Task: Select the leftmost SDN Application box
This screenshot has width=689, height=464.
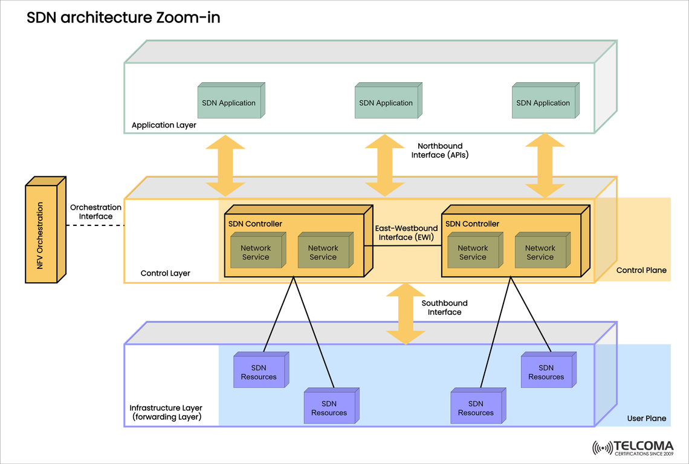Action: click(229, 103)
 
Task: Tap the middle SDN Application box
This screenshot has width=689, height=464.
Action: click(386, 103)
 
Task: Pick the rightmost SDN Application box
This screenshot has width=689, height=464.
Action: click(543, 103)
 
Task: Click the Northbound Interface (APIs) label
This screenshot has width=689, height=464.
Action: click(440, 150)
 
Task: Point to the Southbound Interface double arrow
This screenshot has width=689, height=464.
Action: click(401, 314)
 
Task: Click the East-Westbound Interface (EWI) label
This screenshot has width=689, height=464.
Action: click(406, 233)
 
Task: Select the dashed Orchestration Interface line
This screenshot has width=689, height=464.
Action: click(94, 225)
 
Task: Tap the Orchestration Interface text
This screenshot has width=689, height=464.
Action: click(95, 211)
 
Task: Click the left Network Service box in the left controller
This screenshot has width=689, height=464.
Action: click(256, 253)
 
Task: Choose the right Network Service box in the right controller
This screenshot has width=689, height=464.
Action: click(540, 253)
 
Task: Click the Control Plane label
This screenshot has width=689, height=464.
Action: click(641, 270)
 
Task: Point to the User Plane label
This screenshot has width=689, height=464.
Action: click(647, 418)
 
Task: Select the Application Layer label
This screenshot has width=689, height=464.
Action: click(164, 126)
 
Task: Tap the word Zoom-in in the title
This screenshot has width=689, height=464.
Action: click(187, 18)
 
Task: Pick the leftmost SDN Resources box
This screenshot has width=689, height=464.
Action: click(259, 372)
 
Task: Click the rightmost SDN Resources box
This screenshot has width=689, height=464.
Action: click(546, 372)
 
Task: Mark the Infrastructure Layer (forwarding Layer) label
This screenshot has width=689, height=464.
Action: click(166, 413)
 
